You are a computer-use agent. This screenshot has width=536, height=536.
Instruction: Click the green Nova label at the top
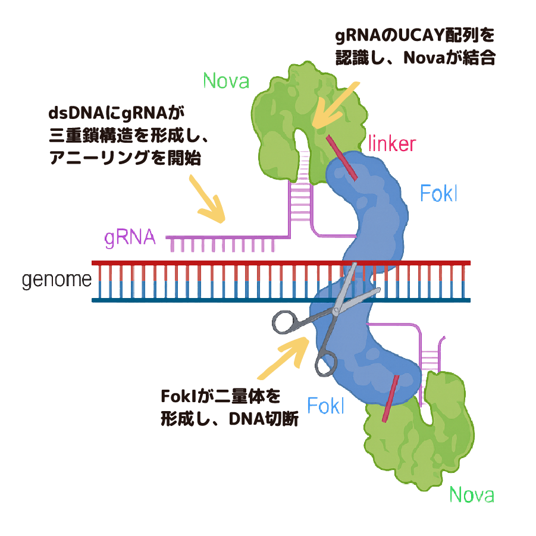[x=225, y=80]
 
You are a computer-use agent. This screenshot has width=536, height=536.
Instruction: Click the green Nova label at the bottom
[x=472, y=494]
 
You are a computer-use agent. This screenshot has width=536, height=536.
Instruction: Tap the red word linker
[x=391, y=143]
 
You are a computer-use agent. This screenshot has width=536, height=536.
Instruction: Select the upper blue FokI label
[x=438, y=193]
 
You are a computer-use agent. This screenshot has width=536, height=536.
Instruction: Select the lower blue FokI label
[x=325, y=406]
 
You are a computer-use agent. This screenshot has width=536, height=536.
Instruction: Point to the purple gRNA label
[x=130, y=238]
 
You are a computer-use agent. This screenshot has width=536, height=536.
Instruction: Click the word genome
[x=57, y=280]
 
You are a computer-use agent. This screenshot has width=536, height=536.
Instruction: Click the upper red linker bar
[x=342, y=157]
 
